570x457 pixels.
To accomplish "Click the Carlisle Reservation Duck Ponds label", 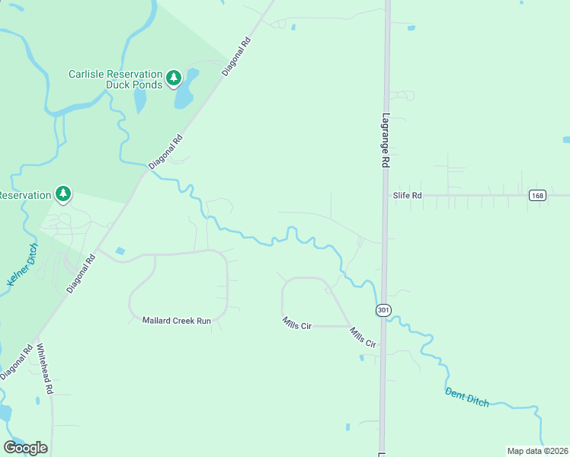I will click(115, 79).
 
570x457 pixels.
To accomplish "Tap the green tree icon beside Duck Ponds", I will click(175, 78).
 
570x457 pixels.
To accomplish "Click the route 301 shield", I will click(383, 310).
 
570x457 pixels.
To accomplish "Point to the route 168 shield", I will click(537, 196).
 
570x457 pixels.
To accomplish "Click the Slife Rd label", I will click(407, 196).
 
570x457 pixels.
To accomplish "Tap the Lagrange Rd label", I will click(386, 142).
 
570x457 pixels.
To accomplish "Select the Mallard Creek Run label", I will click(176, 321).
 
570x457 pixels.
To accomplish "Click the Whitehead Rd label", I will click(45, 369).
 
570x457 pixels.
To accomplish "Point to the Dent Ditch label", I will click(466, 396).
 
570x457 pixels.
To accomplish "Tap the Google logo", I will click(25, 447).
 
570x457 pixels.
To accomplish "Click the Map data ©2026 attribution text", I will click(537, 451).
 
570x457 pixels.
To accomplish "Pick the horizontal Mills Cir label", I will click(296, 326).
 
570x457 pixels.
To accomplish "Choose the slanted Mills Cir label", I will click(363, 337).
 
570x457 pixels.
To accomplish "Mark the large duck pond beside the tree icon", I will click(185, 93).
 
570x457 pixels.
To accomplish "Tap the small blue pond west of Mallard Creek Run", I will click(120, 251).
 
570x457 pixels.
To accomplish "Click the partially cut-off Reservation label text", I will click(25, 195).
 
